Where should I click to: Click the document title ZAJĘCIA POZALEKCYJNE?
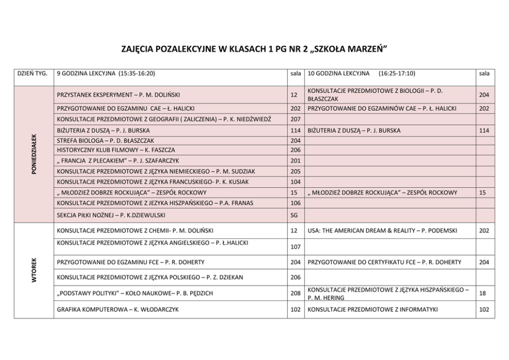[253, 49]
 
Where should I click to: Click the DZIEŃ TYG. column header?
[33, 73]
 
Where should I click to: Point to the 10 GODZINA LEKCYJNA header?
[361, 73]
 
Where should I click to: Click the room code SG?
[294, 215]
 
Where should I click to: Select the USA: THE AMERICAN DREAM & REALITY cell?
[382, 231]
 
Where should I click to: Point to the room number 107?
[295, 247]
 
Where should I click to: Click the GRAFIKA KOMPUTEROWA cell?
[118, 309]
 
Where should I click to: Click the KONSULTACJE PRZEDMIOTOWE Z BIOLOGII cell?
[375, 95]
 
